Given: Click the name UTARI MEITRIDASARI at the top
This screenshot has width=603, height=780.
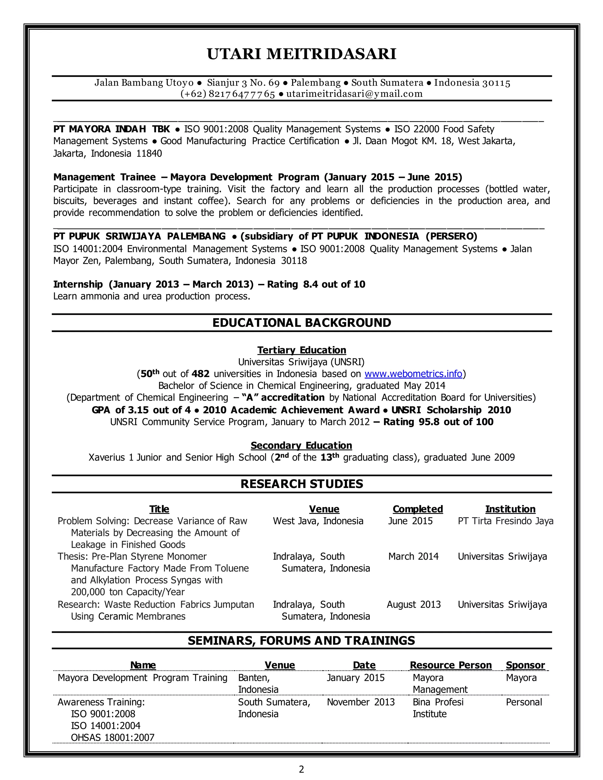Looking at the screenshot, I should (x=301, y=54).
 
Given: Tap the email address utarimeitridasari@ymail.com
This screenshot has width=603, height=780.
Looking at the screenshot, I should (x=354, y=94).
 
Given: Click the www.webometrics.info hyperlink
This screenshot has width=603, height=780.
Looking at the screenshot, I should (x=413, y=374).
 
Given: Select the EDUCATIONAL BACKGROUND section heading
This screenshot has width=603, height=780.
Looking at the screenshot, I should (x=301, y=323).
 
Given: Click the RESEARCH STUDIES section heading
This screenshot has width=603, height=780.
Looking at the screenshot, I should (x=301, y=484).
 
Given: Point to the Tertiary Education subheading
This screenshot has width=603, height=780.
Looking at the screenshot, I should (x=301, y=350).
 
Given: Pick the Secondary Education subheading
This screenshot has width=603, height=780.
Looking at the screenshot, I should (x=301, y=445).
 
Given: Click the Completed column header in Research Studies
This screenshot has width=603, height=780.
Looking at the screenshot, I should (x=418, y=509).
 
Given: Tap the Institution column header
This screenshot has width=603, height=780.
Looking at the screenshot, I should (x=510, y=509).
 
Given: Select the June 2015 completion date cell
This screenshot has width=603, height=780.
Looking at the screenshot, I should (x=410, y=521).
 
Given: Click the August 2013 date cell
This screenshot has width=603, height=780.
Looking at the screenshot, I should (x=413, y=605).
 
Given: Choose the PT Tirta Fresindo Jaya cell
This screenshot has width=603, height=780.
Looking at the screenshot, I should (x=506, y=521).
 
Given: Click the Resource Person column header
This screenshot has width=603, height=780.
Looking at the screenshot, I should (x=450, y=665).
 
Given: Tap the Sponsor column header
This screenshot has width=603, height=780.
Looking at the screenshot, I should (x=525, y=665).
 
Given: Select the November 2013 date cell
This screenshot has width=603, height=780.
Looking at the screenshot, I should (x=360, y=702).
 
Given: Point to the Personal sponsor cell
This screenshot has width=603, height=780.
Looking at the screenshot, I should (x=524, y=702).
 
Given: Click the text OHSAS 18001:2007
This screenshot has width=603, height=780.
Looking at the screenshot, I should (x=112, y=738).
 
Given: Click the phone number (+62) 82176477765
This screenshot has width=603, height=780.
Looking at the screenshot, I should (x=228, y=94).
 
